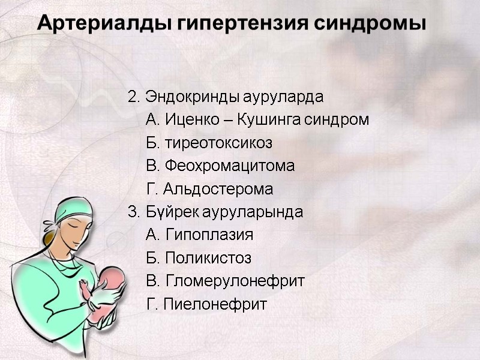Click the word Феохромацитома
[229, 166]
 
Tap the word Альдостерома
[217, 190]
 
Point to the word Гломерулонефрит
[234, 281]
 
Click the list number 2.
[132, 97]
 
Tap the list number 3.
[132, 212]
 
